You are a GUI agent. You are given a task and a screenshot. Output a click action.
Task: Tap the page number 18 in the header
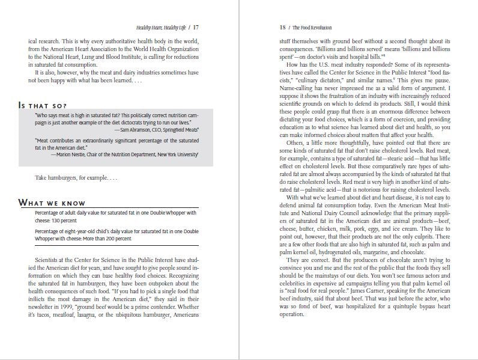[x=283, y=28]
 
